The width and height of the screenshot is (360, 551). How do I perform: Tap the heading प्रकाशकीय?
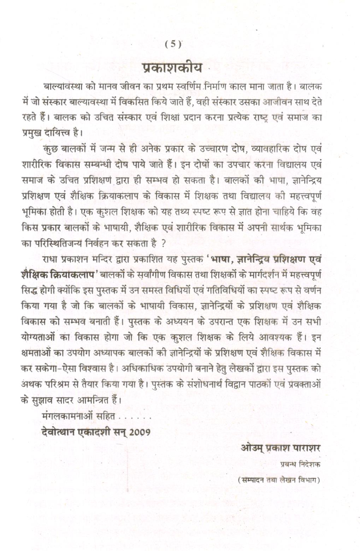(x=172, y=68)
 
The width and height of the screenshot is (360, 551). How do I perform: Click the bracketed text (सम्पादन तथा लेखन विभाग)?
(x=279, y=480)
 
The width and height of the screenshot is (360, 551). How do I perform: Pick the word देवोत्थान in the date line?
(x=57, y=432)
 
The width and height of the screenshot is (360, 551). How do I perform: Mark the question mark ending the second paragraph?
(x=163, y=244)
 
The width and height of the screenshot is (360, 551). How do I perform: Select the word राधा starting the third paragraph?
(x=49, y=259)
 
